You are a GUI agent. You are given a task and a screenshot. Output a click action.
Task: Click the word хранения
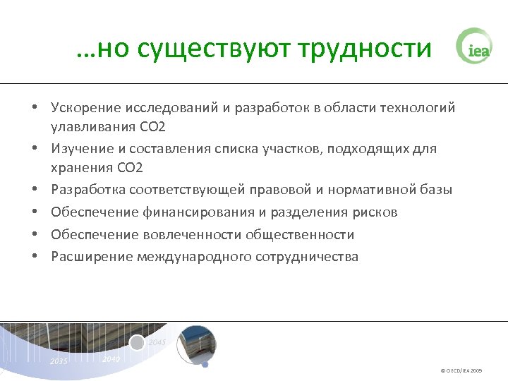tap(80, 167)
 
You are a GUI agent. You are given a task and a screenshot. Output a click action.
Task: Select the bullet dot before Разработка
tap(34, 190)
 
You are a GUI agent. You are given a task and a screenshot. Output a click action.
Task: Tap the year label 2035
tap(59, 361)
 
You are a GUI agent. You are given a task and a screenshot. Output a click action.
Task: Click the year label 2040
tap(111, 359)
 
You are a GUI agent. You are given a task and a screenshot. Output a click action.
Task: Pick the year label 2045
tap(157, 342)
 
